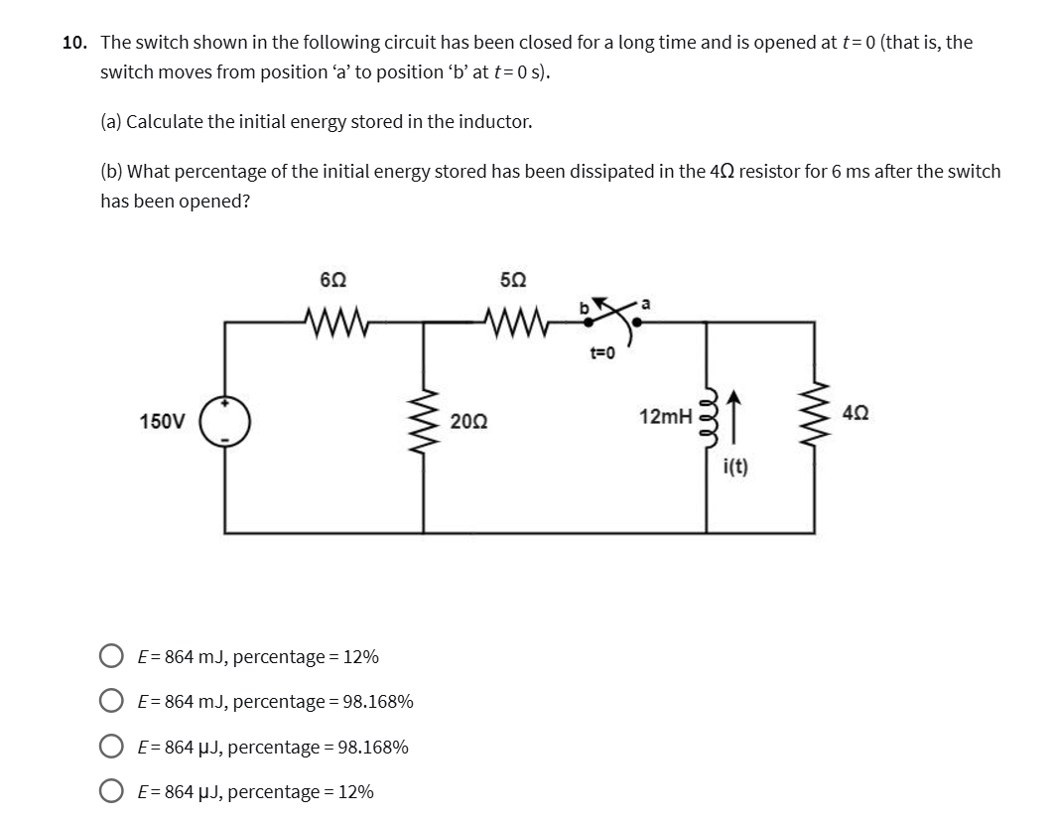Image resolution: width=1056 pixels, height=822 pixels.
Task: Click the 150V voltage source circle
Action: (x=225, y=421)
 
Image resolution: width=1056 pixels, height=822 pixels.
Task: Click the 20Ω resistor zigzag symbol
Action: (x=426, y=421)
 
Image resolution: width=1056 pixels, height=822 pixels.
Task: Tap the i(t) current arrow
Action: (x=733, y=416)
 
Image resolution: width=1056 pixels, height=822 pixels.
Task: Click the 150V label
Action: (x=162, y=421)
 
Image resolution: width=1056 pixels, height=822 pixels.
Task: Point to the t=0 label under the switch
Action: (x=603, y=351)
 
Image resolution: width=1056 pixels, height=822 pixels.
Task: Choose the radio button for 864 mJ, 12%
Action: (x=111, y=656)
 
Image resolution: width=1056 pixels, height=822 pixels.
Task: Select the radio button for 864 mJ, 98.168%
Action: (x=111, y=702)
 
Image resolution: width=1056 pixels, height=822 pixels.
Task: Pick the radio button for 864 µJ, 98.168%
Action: (x=111, y=747)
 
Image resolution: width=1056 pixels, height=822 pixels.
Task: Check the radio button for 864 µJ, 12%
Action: (x=111, y=791)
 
